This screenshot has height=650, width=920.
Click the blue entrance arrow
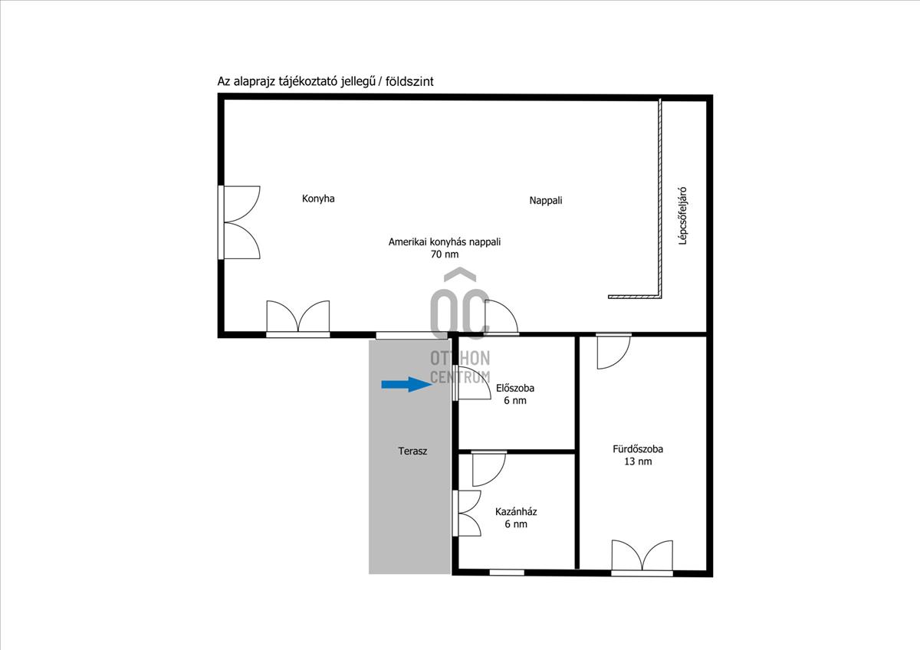tap(407, 384)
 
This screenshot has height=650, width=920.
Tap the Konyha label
tap(318, 199)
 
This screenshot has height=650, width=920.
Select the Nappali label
tap(546, 201)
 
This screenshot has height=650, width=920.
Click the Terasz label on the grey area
tap(412, 451)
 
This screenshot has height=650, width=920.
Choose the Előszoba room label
tap(515, 388)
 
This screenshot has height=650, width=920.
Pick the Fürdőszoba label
tap(638, 449)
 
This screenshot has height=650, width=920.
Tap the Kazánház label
tap(515, 511)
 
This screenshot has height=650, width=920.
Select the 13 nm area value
tap(638, 461)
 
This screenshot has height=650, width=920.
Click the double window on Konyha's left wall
tap(239, 222)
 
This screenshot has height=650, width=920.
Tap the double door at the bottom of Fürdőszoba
tap(642, 556)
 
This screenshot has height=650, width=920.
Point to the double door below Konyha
tap(298, 318)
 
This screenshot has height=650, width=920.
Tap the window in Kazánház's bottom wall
tap(507, 571)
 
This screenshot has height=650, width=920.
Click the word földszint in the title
tap(409, 81)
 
